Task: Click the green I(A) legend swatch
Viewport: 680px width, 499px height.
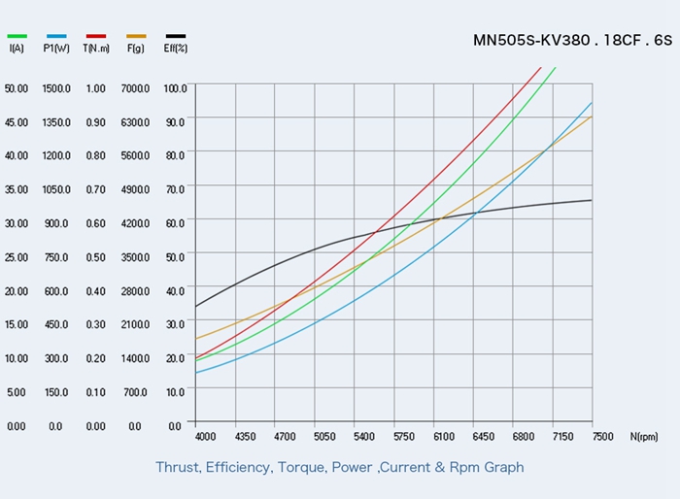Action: click(x=17, y=36)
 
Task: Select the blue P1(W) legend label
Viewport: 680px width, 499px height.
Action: click(x=55, y=48)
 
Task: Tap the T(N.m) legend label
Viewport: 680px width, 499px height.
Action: click(x=95, y=48)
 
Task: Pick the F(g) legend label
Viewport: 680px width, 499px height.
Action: click(x=135, y=48)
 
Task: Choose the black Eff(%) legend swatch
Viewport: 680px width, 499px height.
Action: click(x=176, y=36)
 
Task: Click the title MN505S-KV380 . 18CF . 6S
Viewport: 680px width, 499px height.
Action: click(x=572, y=41)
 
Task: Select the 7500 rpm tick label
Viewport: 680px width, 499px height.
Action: click(x=601, y=438)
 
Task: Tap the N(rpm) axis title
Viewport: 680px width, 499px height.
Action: click(x=644, y=438)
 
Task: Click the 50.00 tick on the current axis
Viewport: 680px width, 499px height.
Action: click(x=17, y=88)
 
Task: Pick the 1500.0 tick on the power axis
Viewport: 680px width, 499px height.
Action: click(x=56, y=88)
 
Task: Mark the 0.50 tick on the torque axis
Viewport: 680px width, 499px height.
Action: click(x=95, y=257)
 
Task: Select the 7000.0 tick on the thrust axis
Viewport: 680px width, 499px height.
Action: click(x=135, y=88)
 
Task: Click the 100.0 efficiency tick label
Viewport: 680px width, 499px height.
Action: click(x=175, y=88)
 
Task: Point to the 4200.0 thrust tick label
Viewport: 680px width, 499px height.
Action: click(x=135, y=223)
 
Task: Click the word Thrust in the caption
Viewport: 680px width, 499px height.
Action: click(x=178, y=467)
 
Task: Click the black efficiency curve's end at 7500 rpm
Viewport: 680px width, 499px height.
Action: click(x=592, y=200)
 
